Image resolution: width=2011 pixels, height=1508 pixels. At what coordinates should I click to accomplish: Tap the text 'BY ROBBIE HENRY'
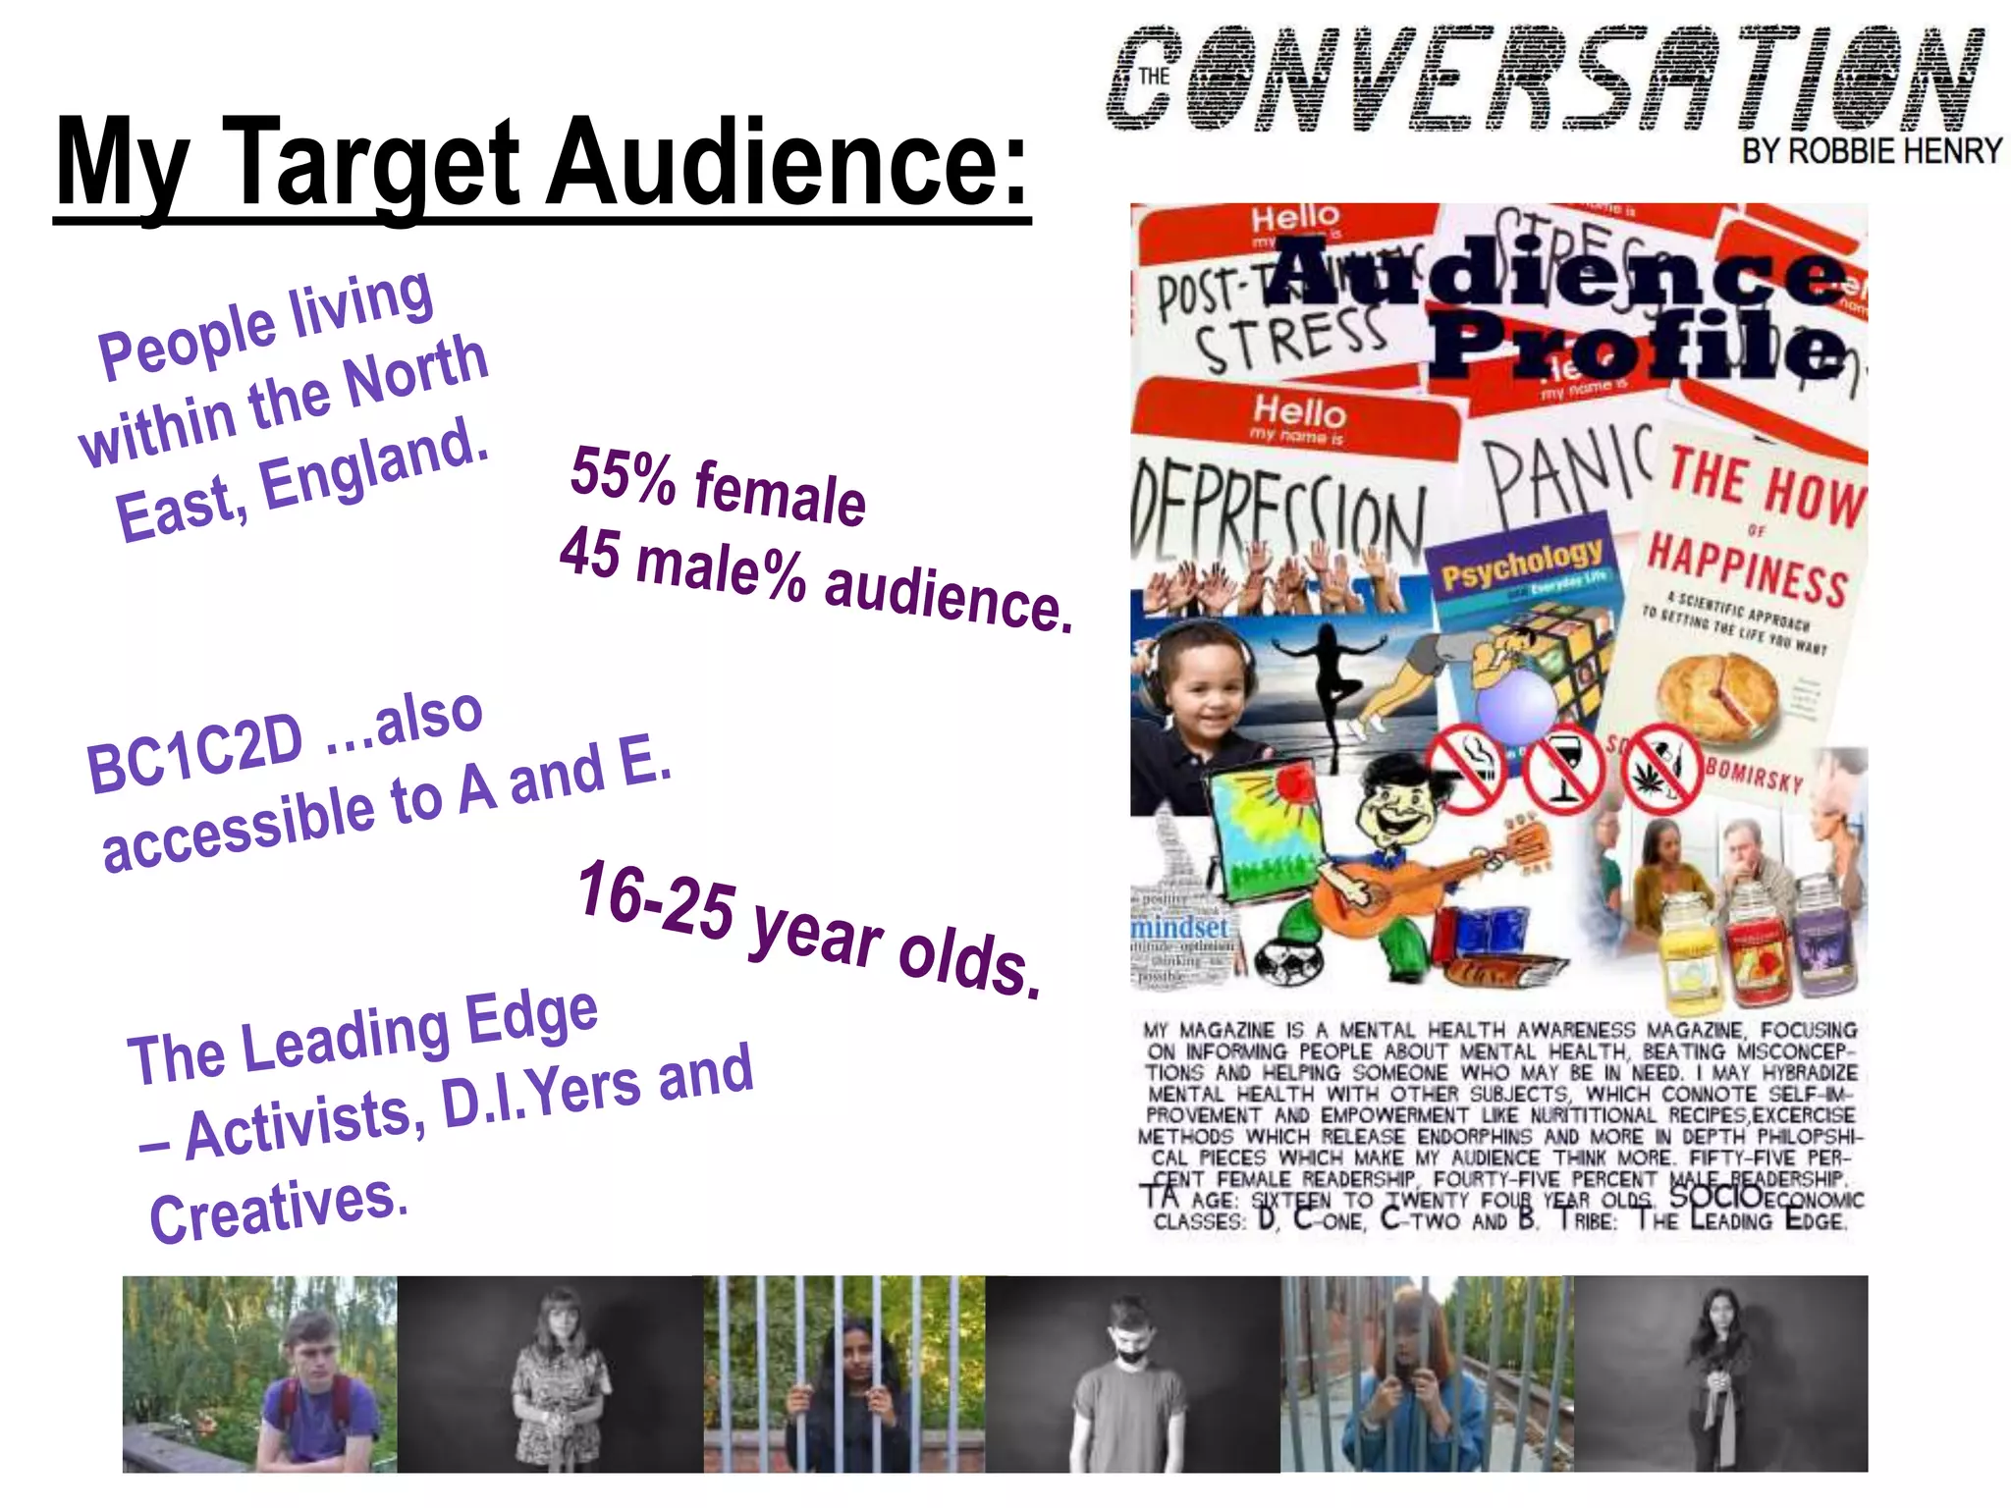pyautogui.click(x=1872, y=151)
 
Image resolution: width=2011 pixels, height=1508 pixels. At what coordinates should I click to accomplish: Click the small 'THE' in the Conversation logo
pyautogui.click(x=1154, y=77)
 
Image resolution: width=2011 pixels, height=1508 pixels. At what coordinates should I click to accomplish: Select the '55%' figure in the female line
pyautogui.click(x=622, y=473)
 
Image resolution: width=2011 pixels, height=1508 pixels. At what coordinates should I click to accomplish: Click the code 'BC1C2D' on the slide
pyautogui.click(x=194, y=755)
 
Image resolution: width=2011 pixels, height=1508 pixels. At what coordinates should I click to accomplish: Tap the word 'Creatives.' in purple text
pyautogui.click(x=278, y=1207)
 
